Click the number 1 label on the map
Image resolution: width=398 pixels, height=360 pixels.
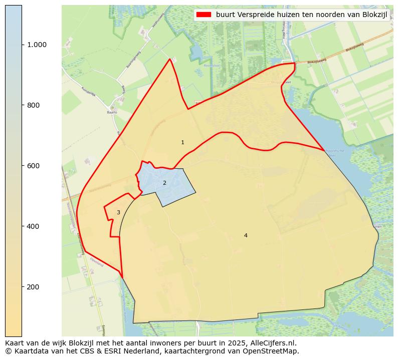coord(182,143)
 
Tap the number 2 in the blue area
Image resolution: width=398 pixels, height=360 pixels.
coord(164,183)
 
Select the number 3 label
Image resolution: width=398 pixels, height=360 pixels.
coord(118,213)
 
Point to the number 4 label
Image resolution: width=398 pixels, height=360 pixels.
coord(246,236)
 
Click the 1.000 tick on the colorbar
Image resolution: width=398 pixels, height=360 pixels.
coord(37,45)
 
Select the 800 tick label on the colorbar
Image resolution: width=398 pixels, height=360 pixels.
coord(33,105)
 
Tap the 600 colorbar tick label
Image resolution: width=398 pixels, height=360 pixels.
coord(33,166)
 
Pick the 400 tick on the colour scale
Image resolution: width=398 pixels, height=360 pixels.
coord(33,226)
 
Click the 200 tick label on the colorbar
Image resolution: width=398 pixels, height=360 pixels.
coord(33,287)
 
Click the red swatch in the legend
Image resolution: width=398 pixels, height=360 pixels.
coord(204,15)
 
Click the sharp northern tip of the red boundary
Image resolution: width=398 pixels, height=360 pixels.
coord(170,59)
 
